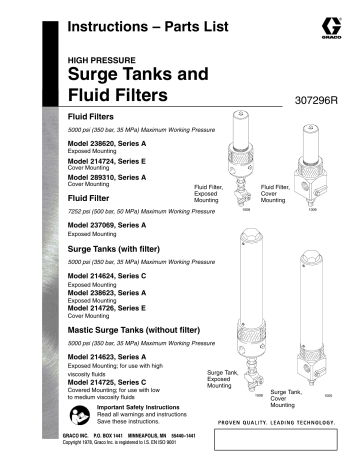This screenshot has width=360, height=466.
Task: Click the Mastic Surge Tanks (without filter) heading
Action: pyautogui.click(x=136, y=330)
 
